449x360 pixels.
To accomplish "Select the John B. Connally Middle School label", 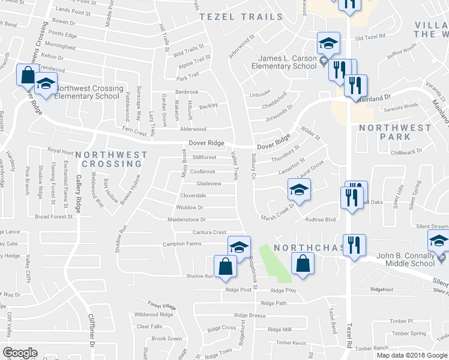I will click(x=405, y=259).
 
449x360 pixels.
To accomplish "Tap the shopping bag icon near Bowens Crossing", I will click(x=28, y=76).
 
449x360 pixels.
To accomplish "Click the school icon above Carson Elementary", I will click(x=328, y=44).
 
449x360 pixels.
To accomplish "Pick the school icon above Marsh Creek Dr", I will click(x=299, y=191).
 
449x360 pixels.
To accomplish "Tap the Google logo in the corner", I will click(x=20, y=353).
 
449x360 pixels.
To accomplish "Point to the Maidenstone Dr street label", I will click(x=187, y=220).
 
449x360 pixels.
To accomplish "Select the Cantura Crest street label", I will click(x=209, y=232).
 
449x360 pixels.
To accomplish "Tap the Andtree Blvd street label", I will click(x=321, y=220).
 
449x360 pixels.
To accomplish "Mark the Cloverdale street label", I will click(x=193, y=196).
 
